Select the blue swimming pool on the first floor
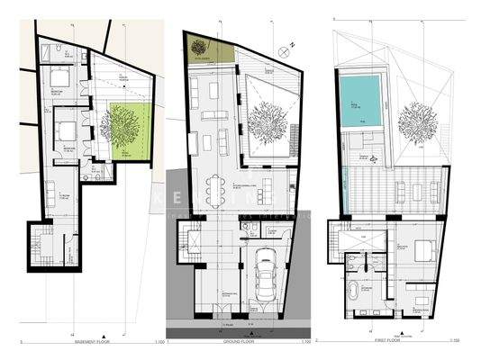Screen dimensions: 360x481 [x=361, y=99]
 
